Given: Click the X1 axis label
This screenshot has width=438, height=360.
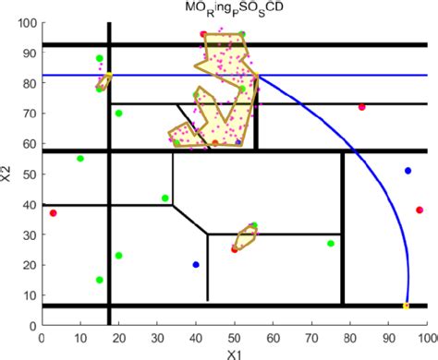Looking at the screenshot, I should coord(235,352).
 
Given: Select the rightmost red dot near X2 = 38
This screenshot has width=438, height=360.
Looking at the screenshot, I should coord(420,210).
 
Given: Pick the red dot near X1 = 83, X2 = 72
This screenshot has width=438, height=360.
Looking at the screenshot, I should coord(362,107).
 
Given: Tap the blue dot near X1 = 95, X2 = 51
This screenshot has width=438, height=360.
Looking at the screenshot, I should coord(408,171).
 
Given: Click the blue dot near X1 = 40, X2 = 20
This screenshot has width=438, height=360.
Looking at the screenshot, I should coord(196,265).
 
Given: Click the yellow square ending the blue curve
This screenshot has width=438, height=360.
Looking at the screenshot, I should coord(407,306).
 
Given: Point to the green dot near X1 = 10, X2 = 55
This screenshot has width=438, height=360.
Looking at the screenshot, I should coord(80,159).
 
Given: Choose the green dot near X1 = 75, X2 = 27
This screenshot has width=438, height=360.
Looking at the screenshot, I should coord(331,244).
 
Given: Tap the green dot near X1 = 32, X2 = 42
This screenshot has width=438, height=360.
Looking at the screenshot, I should coord(165,198).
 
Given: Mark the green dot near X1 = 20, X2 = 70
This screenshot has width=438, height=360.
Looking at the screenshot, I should coord(119,114).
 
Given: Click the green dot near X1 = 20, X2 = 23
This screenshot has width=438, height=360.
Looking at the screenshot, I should coord(118,256).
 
